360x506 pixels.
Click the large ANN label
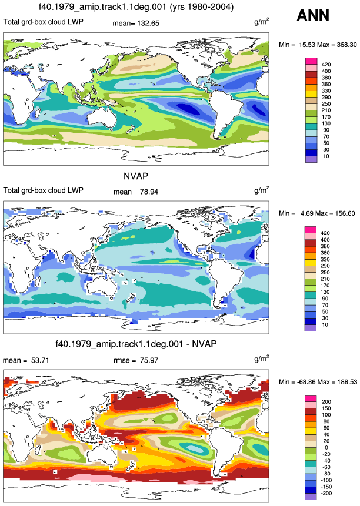pyautogui.click(x=313, y=15)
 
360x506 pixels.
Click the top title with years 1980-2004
pyautogui.click(x=136, y=6)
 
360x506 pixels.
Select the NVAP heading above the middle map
pyautogui.click(x=136, y=176)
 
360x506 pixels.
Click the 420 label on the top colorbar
pyautogui.click(x=326, y=65)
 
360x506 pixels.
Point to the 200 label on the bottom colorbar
pyautogui.click(x=326, y=402)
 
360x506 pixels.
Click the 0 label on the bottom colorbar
pyautogui.click(x=326, y=448)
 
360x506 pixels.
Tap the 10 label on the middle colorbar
pyautogui.click(x=325, y=324)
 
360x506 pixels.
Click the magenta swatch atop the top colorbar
pyautogui.click(x=311, y=61)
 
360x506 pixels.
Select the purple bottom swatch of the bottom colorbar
pyautogui.click(x=311, y=497)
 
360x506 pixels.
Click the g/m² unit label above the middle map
pyautogui.click(x=262, y=190)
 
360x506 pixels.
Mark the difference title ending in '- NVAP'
pyautogui.click(x=136, y=344)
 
